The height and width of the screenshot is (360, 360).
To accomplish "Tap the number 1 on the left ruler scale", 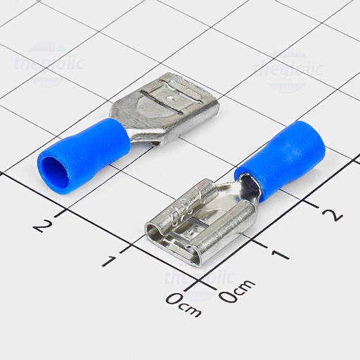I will [x=108, y=261].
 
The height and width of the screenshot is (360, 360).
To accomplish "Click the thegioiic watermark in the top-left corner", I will [x=49, y=65].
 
